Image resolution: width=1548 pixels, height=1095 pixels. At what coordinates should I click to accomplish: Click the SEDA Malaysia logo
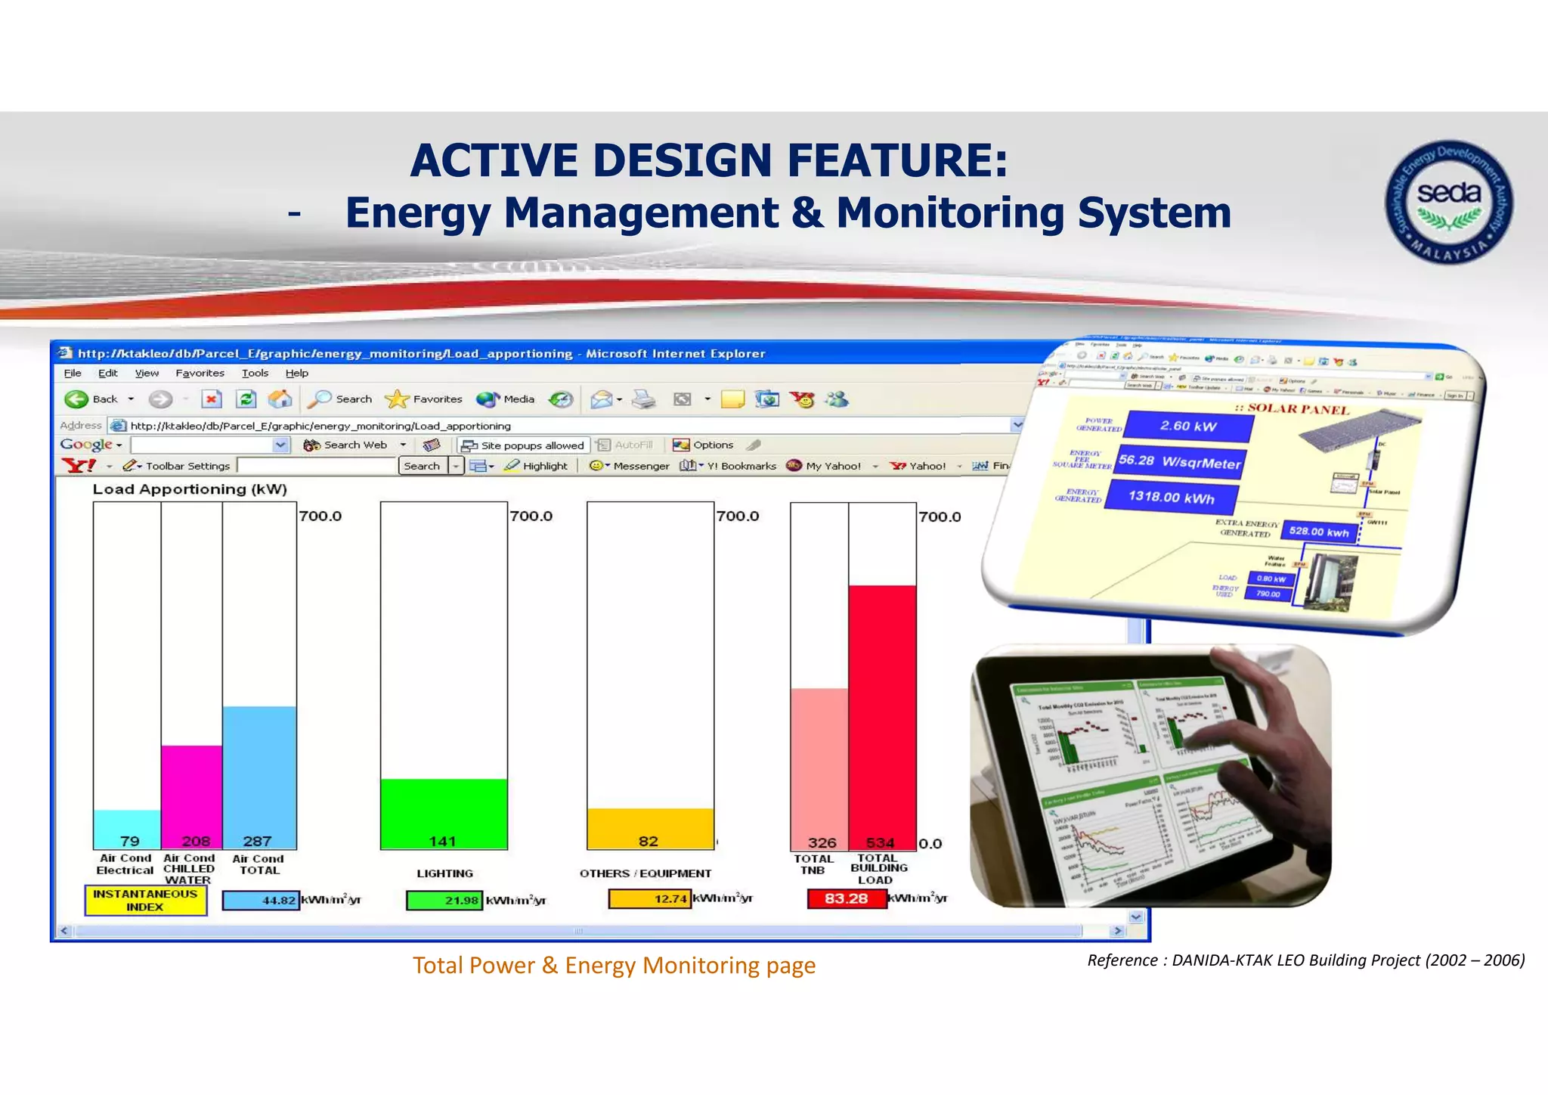tap(1448, 202)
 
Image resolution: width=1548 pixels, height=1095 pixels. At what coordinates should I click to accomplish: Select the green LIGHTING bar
tap(444, 813)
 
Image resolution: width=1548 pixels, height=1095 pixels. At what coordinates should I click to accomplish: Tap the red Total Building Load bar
tap(882, 715)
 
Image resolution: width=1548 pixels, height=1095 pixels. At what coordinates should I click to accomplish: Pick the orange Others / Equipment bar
tap(650, 828)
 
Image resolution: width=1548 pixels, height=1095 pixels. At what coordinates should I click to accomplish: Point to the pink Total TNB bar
tap(819, 768)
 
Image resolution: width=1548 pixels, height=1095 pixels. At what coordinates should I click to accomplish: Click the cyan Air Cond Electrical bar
tap(127, 829)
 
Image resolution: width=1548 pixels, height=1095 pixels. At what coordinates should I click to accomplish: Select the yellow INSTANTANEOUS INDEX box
tap(145, 900)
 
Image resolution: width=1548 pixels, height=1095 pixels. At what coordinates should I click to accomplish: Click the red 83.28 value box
tap(847, 898)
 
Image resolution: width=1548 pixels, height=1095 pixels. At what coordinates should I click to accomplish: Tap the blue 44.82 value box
tap(261, 900)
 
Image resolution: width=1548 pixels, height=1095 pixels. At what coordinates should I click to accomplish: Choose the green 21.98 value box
tap(444, 900)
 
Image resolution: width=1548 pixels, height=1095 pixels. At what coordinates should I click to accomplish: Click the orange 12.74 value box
tap(649, 898)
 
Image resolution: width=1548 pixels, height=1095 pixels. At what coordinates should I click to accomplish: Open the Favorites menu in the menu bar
tap(200, 373)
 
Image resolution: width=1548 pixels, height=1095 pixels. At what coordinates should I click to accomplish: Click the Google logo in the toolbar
tap(86, 445)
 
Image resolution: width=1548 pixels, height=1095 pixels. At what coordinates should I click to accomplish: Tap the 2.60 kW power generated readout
tap(1188, 427)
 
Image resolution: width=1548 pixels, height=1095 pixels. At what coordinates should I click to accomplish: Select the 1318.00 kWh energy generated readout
tap(1171, 497)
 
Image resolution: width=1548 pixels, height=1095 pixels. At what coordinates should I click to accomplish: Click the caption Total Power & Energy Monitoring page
tap(614, 966)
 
